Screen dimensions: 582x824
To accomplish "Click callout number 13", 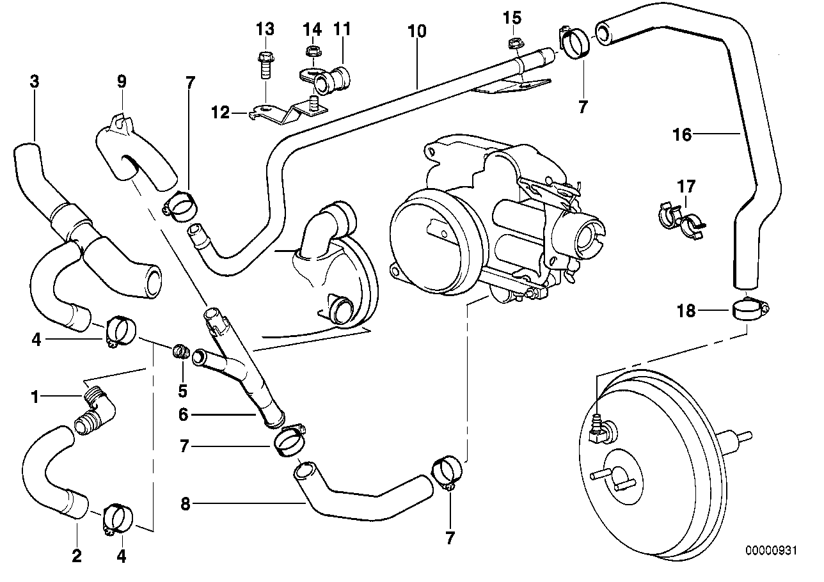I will pos(265,29).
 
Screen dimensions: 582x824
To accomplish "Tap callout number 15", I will pos(512,17).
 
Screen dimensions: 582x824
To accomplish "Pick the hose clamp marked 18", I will pos(749,310).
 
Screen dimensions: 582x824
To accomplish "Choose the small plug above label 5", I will pos(181,350).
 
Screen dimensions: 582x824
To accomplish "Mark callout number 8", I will pos(185,503).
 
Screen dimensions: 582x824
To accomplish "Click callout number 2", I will pos(77,556).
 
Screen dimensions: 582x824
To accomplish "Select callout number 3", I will pos(35,81).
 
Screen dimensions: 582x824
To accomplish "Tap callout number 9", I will pos(122,81).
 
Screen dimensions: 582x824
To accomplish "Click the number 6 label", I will pos(183,414).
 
